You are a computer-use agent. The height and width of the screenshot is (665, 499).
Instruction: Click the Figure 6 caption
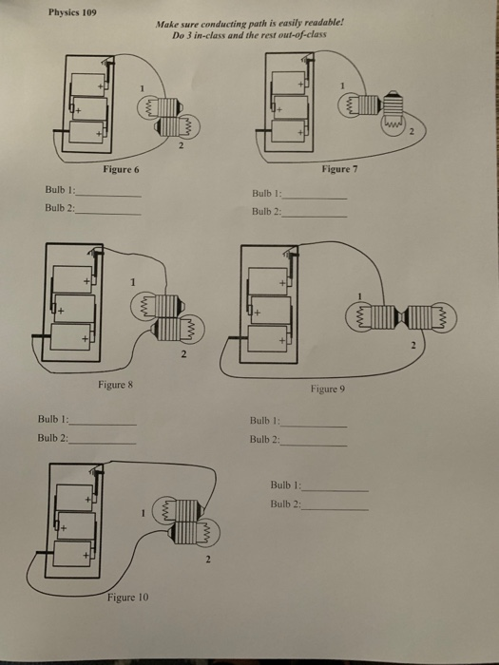point(121,168)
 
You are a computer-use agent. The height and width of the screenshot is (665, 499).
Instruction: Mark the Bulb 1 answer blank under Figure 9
point(314,423)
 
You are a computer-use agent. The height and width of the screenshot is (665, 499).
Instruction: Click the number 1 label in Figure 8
point(134,280)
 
